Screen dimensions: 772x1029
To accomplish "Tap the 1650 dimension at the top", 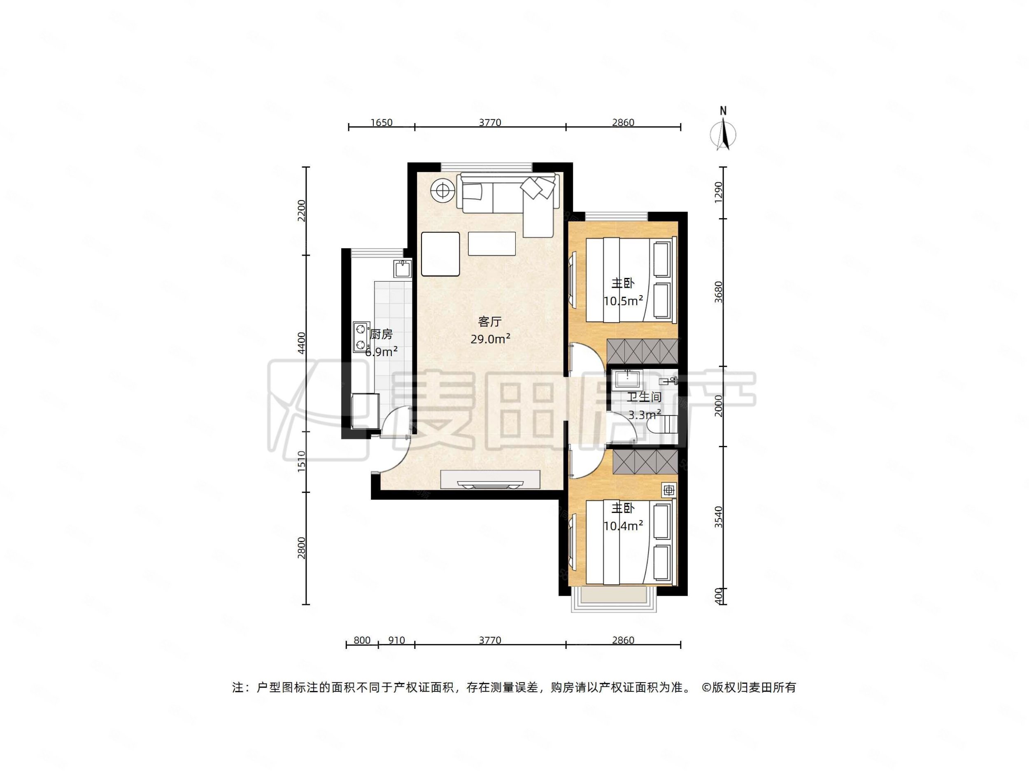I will click(382, 122).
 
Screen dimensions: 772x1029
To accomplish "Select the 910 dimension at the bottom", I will click(396, 640).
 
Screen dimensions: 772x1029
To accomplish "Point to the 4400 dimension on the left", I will click(302, 343).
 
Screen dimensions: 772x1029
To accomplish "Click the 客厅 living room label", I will click(490, 322).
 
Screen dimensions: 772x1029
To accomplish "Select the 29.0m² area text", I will click(490, 339).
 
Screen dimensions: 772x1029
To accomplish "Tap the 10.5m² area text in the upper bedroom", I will click(623, 301).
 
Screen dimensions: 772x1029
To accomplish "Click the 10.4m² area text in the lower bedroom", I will click(623, 526).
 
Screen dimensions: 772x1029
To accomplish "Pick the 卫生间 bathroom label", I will click(644, 397).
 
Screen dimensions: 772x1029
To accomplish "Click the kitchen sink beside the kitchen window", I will click(403, 269).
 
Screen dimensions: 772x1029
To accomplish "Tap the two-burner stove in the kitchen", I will click(361, 337).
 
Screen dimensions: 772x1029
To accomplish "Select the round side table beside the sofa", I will click(442, 190).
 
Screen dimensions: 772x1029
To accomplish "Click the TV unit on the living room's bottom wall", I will click(490, 480).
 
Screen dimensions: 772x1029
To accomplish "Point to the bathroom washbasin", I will click(628, 379).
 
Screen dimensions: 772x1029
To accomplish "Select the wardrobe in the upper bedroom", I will click(642, 351).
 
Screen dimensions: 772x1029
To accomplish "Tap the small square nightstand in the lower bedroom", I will click(669, 490).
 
